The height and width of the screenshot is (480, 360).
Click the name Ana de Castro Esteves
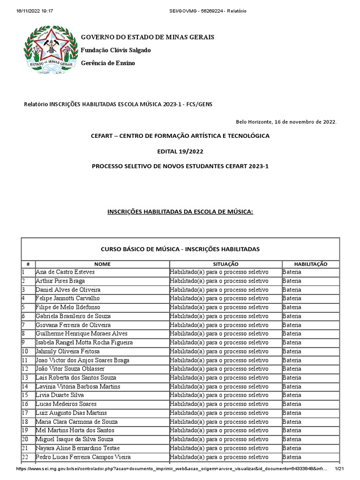coord(65,272)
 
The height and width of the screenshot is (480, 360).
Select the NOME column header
coord(102,264)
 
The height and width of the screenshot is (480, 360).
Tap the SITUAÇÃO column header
coord(225,264)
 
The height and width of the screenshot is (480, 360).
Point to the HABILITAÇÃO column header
coord(310,264)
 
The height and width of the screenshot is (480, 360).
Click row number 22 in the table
coord(25,457)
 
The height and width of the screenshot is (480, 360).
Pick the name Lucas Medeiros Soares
coord(66,404)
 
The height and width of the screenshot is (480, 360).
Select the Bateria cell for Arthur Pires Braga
coord(292,281)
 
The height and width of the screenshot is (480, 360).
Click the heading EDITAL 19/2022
coord(180,151)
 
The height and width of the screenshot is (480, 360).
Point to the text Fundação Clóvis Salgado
coord(116,50)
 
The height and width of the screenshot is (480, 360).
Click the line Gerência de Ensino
coord(108,63)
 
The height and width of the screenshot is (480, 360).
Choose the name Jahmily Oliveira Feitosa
coord(67,351)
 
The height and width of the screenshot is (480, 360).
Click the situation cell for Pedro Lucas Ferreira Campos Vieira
coord(219,457)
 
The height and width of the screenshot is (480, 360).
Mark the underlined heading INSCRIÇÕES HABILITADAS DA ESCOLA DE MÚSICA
coord(180,212)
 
